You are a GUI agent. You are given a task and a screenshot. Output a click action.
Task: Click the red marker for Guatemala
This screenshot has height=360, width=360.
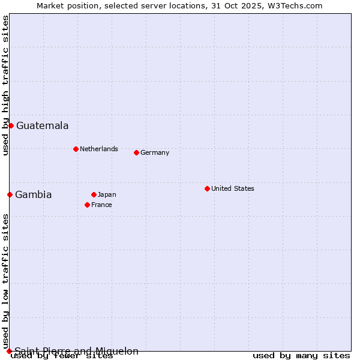pos(11,125)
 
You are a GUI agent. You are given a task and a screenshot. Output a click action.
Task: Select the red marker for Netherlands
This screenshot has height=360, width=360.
pos(76,149)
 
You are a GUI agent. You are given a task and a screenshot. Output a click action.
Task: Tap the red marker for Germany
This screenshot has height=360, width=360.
pos(136,152)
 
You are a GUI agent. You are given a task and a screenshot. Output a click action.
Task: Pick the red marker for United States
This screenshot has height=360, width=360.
pos(207,188)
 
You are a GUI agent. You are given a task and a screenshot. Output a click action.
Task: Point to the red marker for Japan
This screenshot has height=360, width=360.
pos(94,194)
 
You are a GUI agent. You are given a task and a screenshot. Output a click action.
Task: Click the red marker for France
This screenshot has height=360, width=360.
pos(87,205)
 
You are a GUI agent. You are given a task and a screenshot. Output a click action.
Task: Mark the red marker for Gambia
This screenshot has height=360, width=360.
pos(10,194)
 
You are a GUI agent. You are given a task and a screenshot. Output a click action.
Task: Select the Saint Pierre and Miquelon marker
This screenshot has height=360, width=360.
pos(9,351)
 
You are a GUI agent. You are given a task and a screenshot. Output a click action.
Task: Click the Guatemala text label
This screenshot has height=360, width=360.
pos(42,126)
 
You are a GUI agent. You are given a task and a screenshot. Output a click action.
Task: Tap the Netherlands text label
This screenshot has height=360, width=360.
pos(99,149)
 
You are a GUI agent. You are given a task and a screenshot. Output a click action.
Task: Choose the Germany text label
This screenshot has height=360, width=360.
pos(155,152)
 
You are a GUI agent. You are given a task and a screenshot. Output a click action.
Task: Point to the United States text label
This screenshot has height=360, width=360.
pos(233,188)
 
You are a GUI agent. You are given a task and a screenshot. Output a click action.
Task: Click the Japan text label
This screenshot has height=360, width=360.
pos(107,194)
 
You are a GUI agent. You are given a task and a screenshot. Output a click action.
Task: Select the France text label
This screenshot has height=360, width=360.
pos(101,205)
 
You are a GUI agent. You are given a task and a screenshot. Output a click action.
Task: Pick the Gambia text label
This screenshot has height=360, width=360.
pos(34,195)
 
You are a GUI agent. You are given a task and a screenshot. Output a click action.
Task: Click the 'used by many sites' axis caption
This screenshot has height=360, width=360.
pos(301,356)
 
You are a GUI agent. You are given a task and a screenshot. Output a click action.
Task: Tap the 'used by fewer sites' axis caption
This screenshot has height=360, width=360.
pos(62,356)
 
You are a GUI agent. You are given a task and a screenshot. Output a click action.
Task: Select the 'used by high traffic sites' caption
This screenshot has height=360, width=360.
pos(6,85)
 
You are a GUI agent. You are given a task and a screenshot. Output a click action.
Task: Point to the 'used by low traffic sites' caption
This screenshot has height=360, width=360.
pos(6,281)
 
